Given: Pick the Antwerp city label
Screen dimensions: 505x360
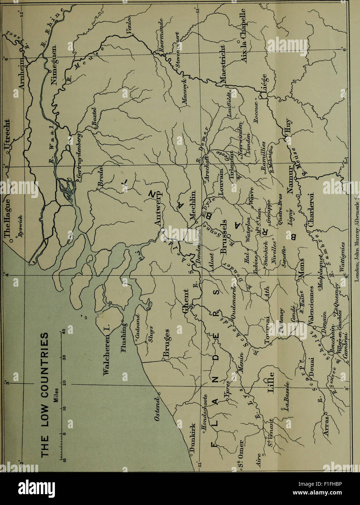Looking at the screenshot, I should [x=159, y=213].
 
